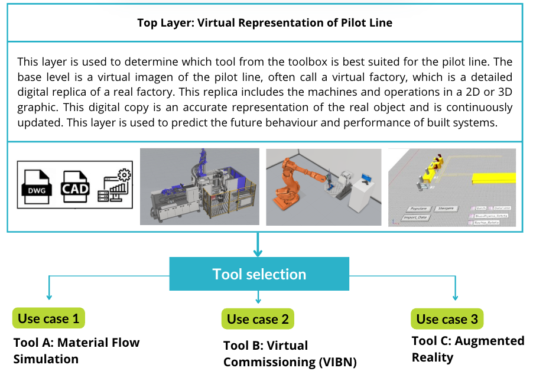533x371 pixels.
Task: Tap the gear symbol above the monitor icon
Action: click(x=125, y=175)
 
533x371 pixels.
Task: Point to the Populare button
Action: click(x=419, y=209)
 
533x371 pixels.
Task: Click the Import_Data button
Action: click(x=415, y=217)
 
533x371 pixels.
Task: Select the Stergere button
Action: click(x=447, y=209)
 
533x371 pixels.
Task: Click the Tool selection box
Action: click(x=259, y=274)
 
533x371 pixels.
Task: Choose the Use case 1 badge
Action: click(x=48, y=318)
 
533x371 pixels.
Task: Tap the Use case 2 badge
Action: click(x=258, y=319)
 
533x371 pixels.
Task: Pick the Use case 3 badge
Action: click(x=447, y=319)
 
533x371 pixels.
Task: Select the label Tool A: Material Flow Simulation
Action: click(x=76, y=350)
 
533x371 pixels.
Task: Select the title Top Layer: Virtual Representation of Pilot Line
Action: click(x=264, y=23)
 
